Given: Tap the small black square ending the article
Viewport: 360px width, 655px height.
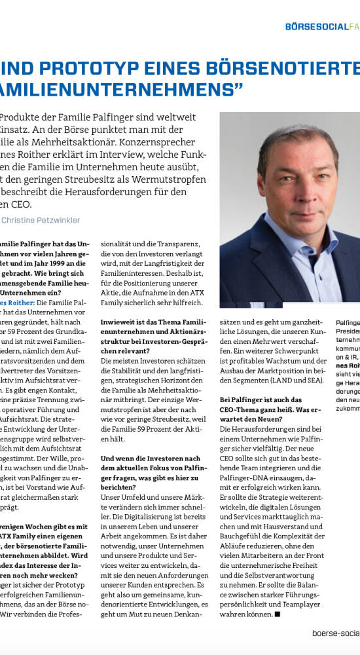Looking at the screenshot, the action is pos(278,614).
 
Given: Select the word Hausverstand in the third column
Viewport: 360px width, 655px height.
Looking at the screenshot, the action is pos(291,526).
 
